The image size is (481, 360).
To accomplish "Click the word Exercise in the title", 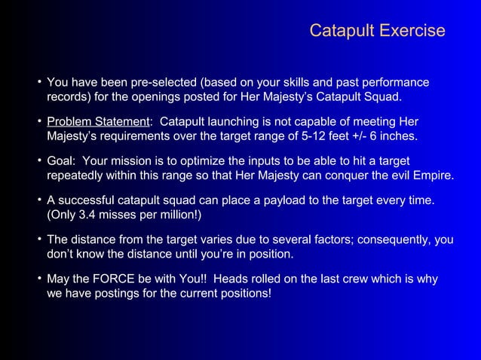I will tap(412, 31).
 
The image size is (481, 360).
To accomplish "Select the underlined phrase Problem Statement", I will tap(98, 122).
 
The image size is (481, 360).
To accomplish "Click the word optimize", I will tap(229, 161).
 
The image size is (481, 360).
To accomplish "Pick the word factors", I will tap(328, 239).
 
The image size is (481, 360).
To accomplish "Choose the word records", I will tap(70, 98).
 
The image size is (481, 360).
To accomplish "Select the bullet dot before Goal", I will tap(38, 160).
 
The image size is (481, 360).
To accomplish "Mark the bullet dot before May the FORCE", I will tap(38, 278).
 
